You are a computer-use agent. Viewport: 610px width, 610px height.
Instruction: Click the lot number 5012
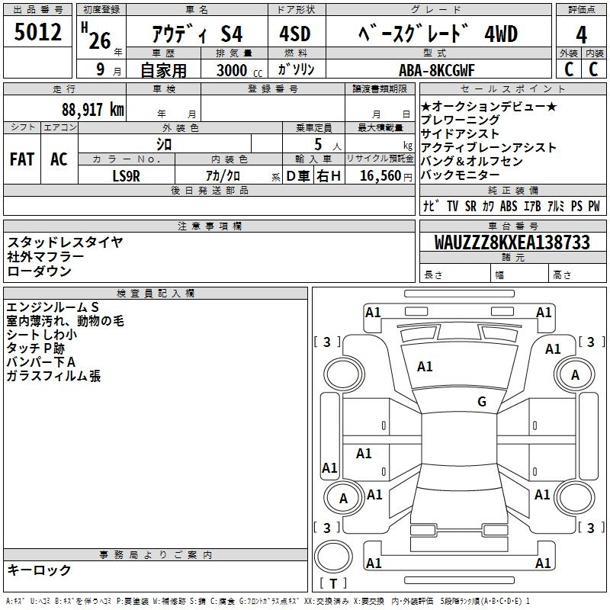pos(37,32)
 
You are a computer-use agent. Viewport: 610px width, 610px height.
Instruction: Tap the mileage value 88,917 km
pos(93,110)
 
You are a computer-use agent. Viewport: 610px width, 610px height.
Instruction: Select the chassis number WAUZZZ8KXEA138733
pos(512,242)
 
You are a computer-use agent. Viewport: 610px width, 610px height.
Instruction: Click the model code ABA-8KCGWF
pos(437,70)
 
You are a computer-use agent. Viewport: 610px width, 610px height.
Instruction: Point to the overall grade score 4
pos(581,34)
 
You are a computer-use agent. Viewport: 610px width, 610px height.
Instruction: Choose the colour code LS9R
pos(126,176)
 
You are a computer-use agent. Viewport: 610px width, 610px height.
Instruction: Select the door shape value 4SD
pos(295,34)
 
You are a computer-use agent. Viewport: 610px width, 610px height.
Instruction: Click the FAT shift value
pos(22,159)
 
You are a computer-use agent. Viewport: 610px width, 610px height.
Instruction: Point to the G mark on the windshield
pos(482,401)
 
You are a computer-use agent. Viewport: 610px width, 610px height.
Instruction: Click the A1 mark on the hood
pos(425,367)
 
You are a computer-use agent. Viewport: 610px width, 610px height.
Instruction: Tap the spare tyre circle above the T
pos(333,557)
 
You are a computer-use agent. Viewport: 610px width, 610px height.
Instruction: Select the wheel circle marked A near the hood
pos(575,374)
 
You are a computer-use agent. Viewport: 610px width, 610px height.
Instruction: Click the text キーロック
pos(39,570)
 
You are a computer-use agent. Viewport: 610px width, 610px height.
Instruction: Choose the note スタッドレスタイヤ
pos(65,242)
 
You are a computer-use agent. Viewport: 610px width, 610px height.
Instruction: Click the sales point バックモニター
pos(460,175)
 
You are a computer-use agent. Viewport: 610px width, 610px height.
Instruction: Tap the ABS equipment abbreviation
pos(509,206)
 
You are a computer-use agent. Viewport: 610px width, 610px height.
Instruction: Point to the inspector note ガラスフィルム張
pos(53,376)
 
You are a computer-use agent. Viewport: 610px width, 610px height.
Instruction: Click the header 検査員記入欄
pos(156,294)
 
